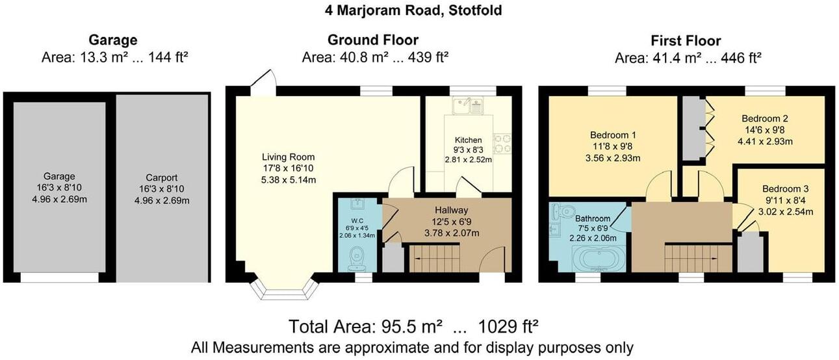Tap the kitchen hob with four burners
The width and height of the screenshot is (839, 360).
(x=502, y=143)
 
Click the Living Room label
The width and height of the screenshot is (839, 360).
(x=288, y=157)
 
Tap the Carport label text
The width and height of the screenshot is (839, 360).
(x=162, y=177)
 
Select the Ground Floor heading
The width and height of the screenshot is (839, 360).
(x=373, y=41)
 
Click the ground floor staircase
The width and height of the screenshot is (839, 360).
(x=435, y=258)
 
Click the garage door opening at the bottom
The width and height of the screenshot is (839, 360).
(x=59, y=277)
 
